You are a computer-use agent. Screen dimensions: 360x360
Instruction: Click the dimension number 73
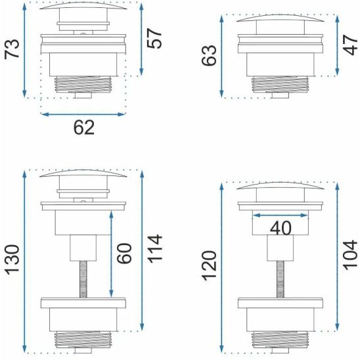[12, 49]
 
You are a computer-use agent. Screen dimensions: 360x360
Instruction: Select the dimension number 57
[154, 38]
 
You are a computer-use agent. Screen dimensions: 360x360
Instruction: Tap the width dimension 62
[84, 127]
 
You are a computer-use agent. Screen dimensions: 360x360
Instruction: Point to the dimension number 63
[209, 56]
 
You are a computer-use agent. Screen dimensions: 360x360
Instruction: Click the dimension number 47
[351, 45]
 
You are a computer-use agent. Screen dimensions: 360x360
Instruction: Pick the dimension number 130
[12, 260]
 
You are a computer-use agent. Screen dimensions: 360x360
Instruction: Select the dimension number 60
[124, 253]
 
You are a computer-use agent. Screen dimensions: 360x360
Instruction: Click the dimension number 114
[154, 248]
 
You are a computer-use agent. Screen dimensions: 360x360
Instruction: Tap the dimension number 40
[281, 228]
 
